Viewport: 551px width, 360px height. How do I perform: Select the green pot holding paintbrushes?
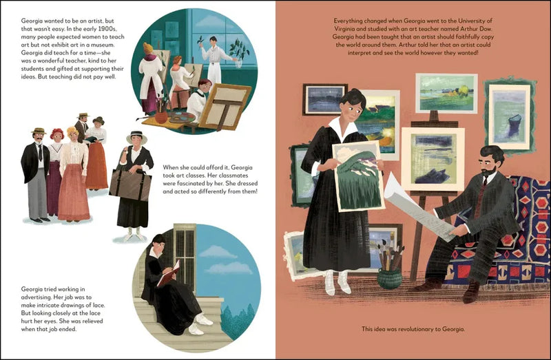391,278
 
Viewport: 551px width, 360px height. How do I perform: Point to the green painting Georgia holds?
356,175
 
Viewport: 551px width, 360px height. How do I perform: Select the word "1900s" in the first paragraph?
98,31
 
